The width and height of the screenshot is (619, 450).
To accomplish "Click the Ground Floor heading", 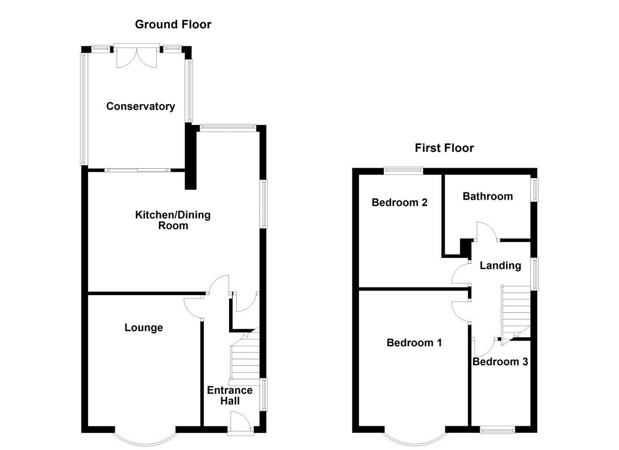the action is tap(173, 24).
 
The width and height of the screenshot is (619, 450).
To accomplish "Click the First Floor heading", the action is tap(444, 149).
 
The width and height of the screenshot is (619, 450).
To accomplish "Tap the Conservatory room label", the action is tap(140, 106).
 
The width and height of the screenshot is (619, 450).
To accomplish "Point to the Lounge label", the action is tap(143, 328).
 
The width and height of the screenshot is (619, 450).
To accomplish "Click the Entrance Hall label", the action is tap(230, 395).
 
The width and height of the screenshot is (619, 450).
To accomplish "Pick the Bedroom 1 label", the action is tap(414, 343).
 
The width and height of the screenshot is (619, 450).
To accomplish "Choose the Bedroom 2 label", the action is tap(400, 202).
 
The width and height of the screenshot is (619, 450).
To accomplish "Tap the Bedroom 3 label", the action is tap(500, 362).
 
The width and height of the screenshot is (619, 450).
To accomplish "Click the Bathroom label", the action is tap(487, 196).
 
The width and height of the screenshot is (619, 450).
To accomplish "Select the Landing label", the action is tap(500, 266).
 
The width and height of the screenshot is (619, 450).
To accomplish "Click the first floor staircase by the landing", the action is tap(516, 312).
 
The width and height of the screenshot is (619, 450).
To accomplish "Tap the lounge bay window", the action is tap(145, 438).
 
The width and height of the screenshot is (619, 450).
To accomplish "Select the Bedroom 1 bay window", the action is tap(414, 438).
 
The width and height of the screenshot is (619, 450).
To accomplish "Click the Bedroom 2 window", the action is tap(403, 169).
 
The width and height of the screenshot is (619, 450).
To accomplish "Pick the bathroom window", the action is tap(534, 190).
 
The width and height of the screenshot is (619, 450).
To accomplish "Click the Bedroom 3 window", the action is tap(497, 429).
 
